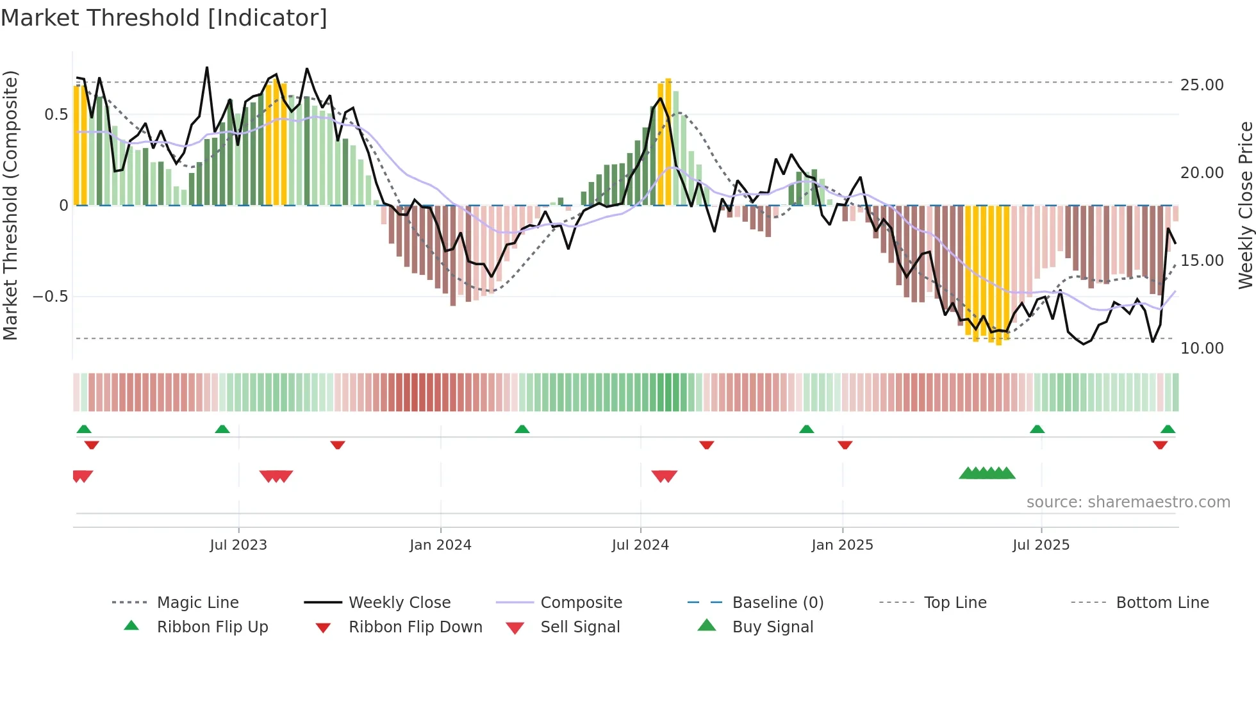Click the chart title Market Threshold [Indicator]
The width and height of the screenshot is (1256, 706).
pyautogui.click(x=164, y=18)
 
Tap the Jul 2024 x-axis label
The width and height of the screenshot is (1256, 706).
pyautogui.click(x=640, y=545)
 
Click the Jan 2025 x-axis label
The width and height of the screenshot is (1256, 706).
pyautogui.click(x=842, y=545)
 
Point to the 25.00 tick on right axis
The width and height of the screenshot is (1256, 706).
pyautogui.click(x=1202, y=85)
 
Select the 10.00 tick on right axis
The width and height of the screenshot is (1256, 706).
pyautogui.click(x=1202, y=348)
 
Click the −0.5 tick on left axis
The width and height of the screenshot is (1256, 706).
pyautogui.click(x=50, y=297)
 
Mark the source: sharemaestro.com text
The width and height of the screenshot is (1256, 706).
pyautogui.click(x=1128, y=502)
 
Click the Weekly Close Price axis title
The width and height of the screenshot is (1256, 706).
pyautogui.click(x=1245, y=205)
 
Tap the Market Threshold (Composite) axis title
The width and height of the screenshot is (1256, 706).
pyautogui.click(x=10, y=205)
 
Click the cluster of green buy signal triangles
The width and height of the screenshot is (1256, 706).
pyautogui.click(x=987, y=473)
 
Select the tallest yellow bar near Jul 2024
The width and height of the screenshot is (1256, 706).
pyautogui.click(x=668, y=141)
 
